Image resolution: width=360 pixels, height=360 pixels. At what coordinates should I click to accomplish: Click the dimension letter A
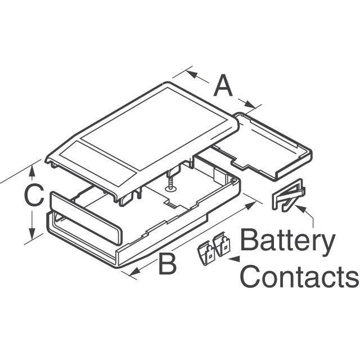(x=223, y=87)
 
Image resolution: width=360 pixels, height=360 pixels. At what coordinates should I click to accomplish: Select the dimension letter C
(x=34, y=197)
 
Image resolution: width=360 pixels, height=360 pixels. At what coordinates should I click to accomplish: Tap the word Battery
(x=286, y=242)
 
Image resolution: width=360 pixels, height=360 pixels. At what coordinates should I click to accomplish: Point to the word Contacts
(x=303, y=277)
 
